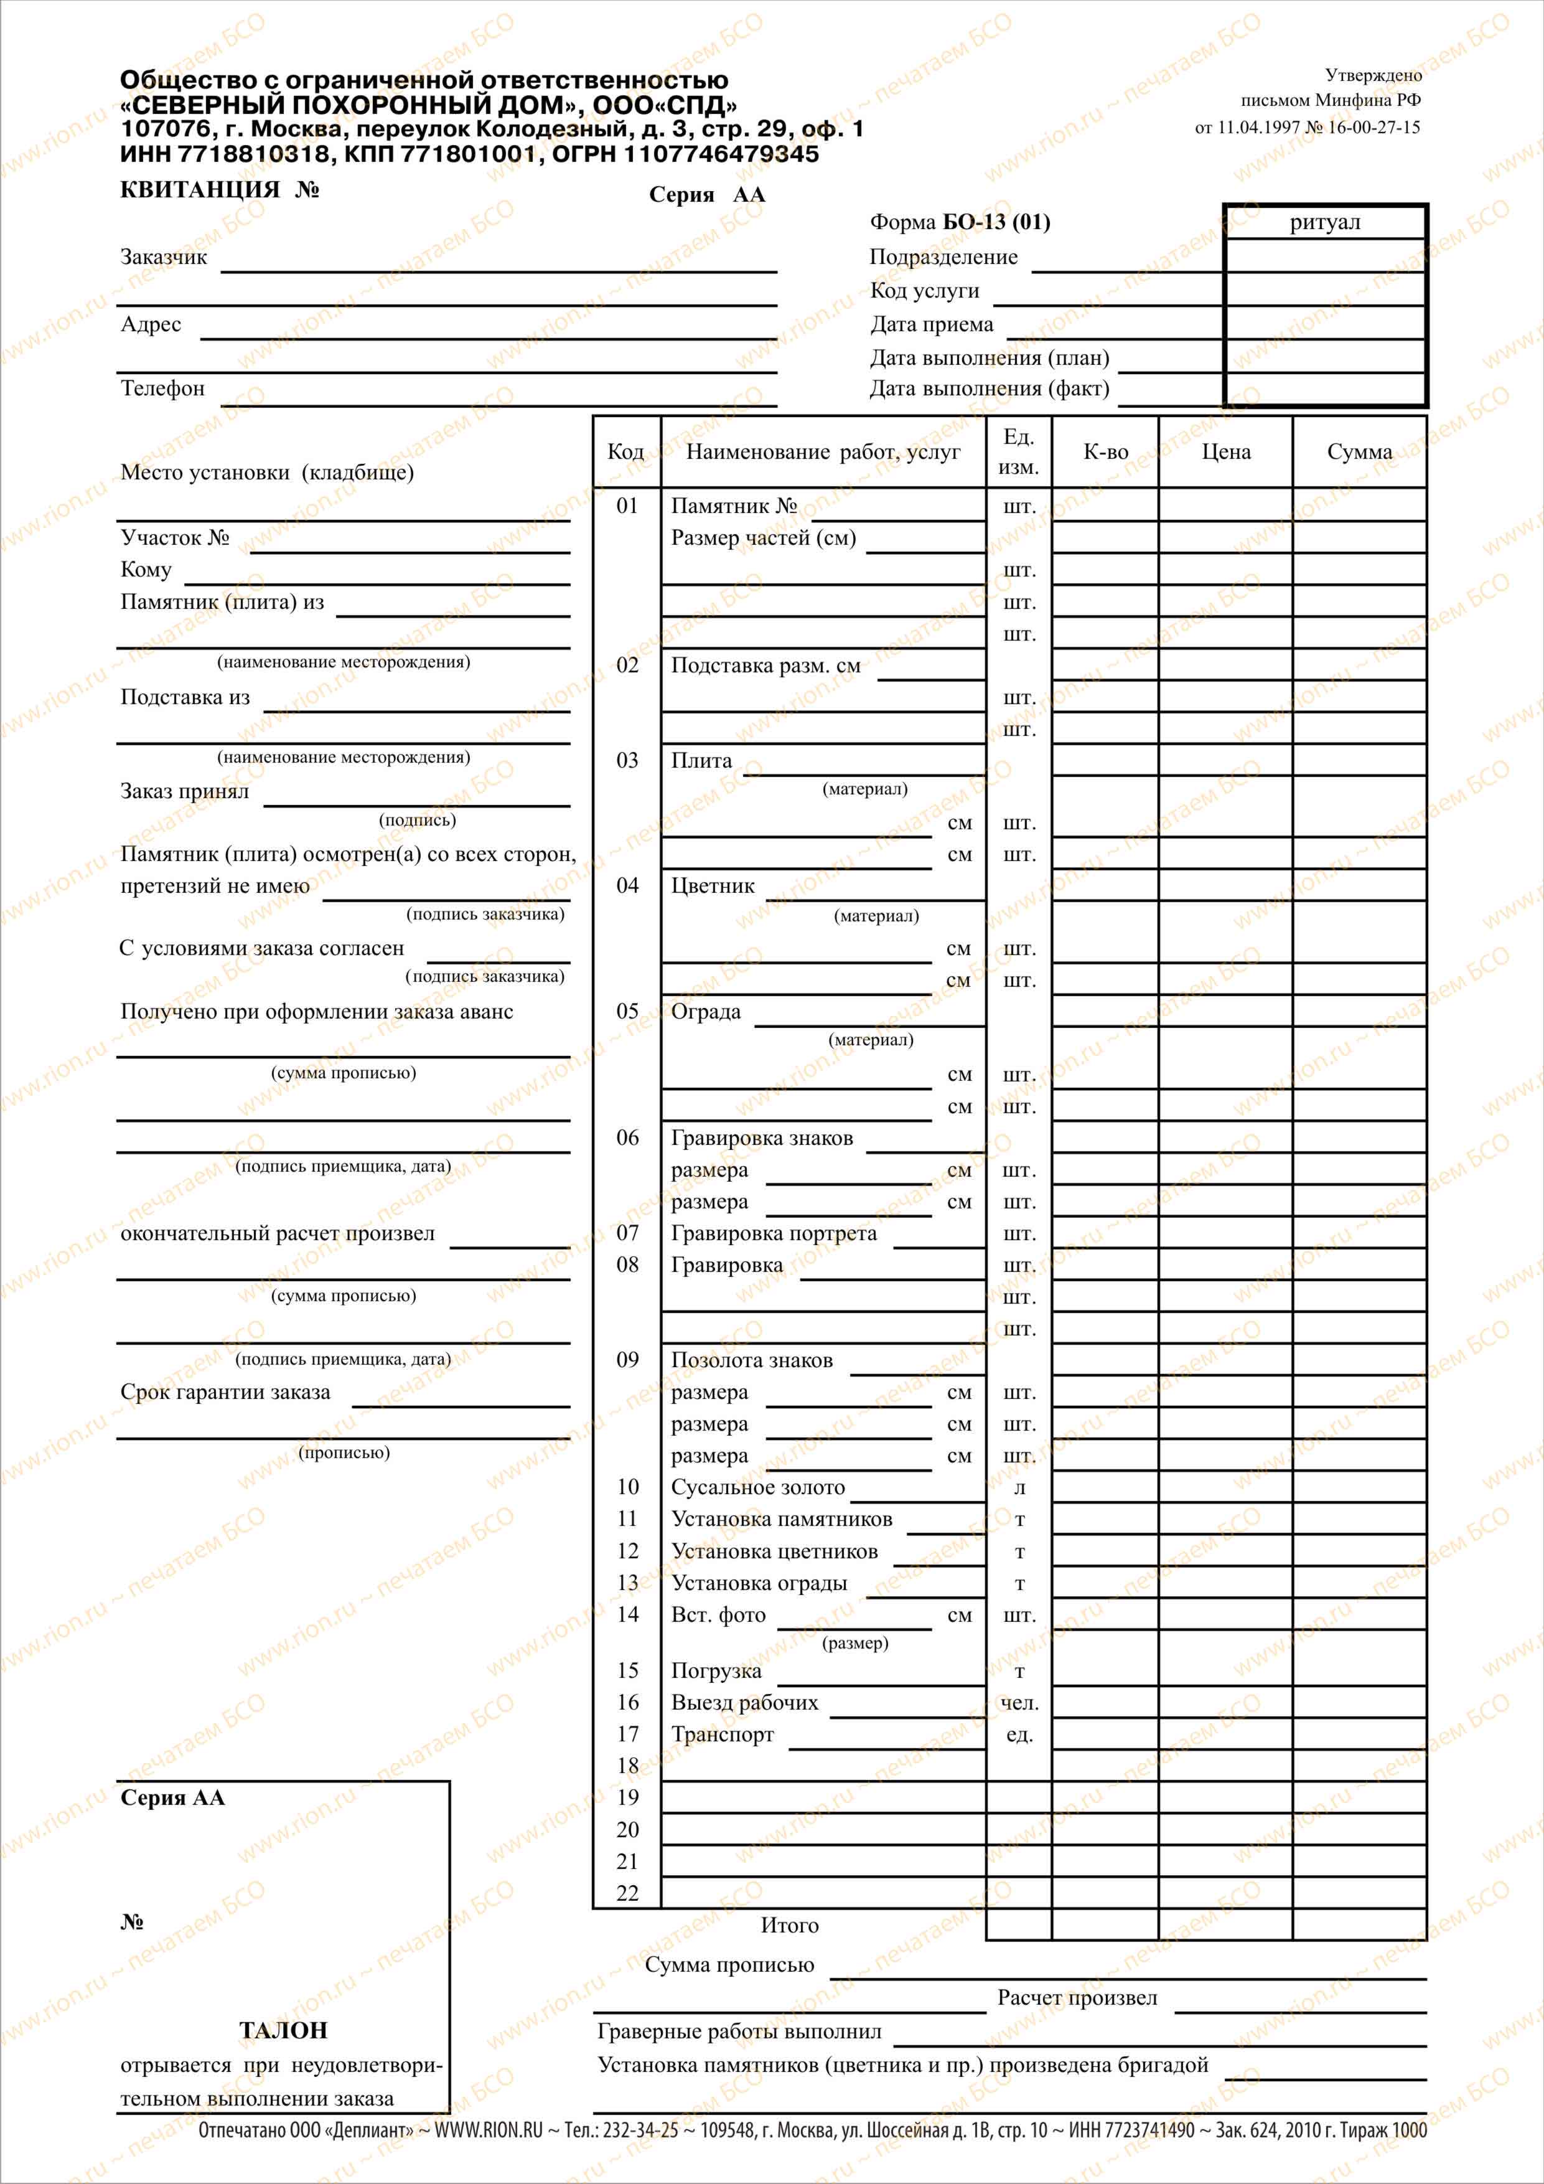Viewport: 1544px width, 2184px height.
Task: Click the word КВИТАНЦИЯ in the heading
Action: tap(200, 189)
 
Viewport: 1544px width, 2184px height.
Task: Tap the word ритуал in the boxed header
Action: tap(1324, 223)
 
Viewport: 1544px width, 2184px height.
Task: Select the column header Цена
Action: tap(1225, 452)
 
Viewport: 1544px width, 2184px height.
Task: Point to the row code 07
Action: tap(627, 1233)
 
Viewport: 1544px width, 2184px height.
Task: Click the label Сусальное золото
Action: tap(758, 1487)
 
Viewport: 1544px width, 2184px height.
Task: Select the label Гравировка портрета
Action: tap(774, 1233)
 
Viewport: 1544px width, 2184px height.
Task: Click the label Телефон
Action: tap(162, 388)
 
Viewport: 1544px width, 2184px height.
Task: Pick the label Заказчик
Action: tap(164, 257)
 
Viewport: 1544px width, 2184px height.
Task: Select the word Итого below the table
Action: tap(789, 1924)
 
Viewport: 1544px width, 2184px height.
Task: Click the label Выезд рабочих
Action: tap(744, 1702)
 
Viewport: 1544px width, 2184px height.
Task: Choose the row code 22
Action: tap(627, 1893)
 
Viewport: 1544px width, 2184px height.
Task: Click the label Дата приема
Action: tap(932, 324)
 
